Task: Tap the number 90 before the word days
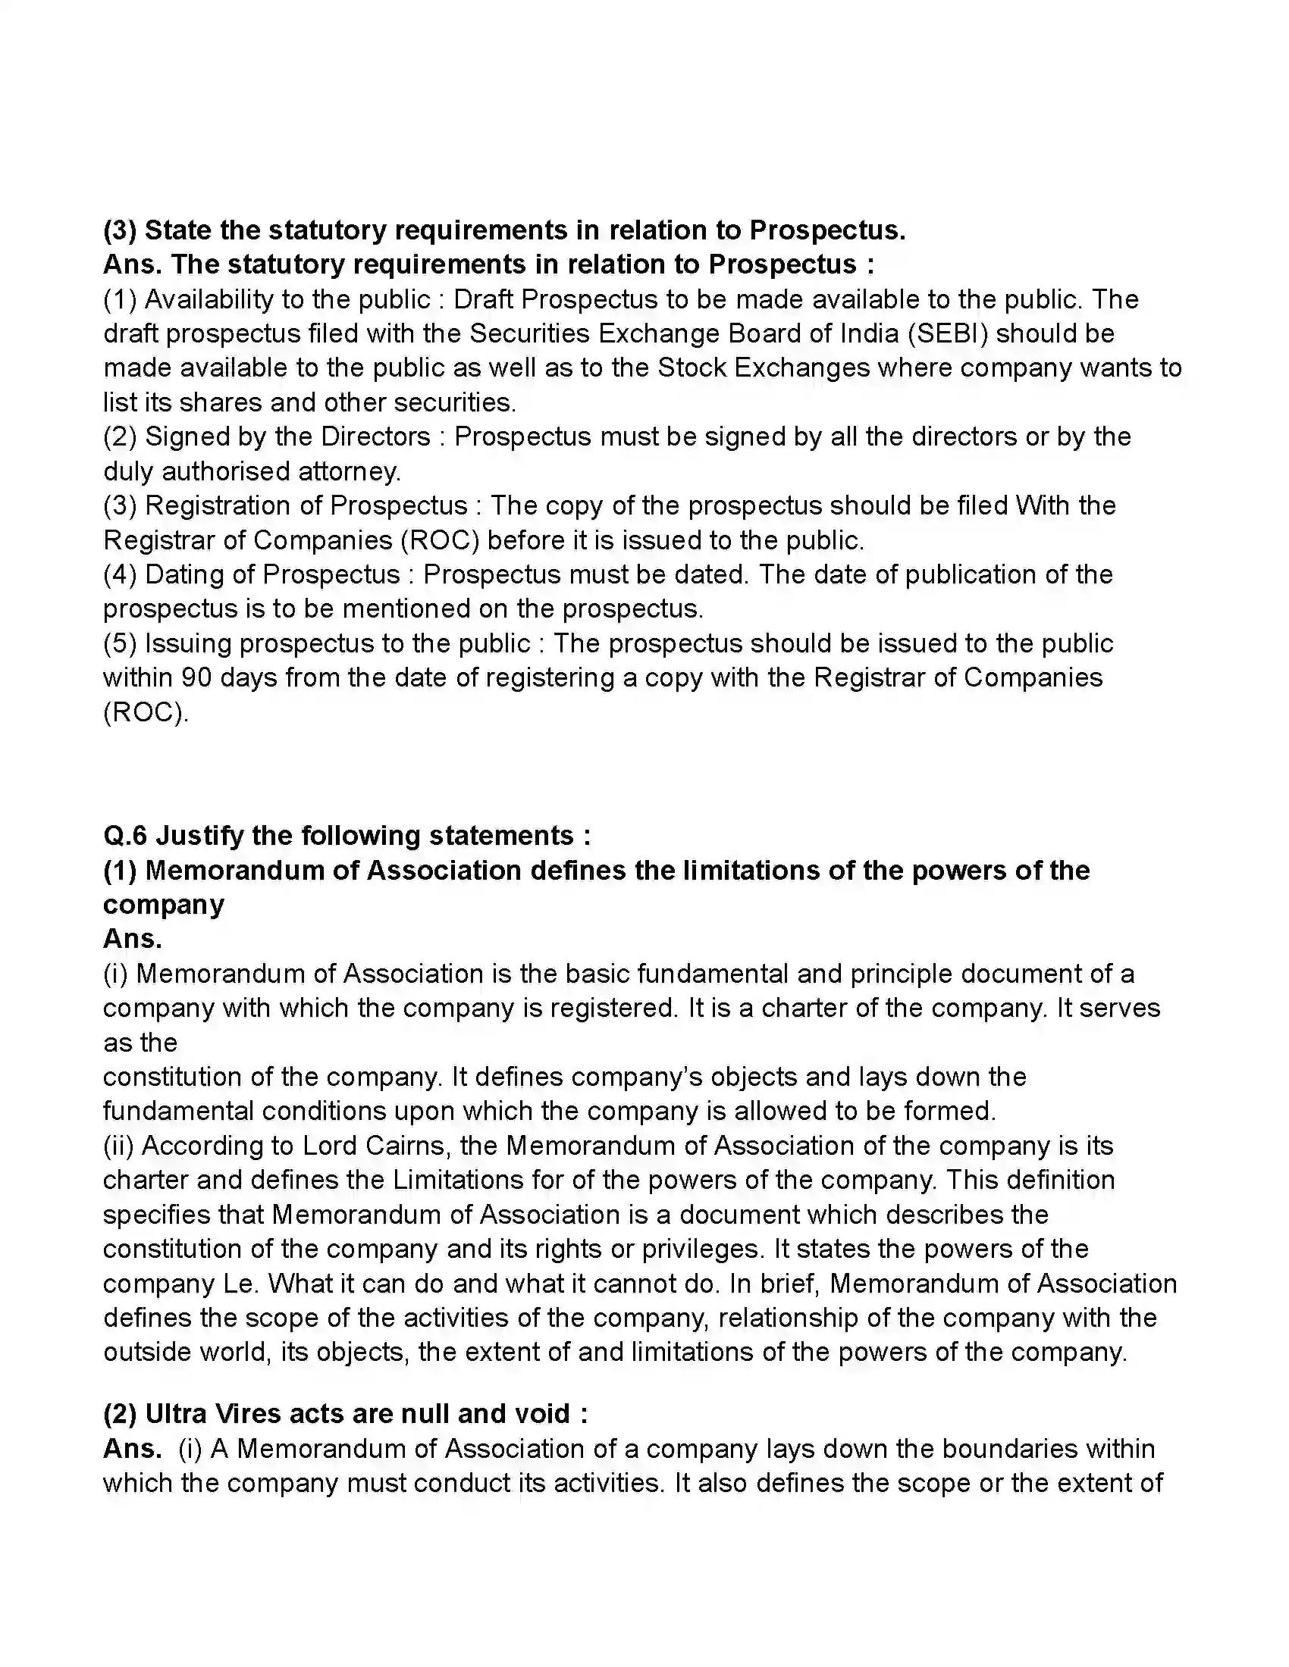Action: (198, 678)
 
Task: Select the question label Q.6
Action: (124, 836)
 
